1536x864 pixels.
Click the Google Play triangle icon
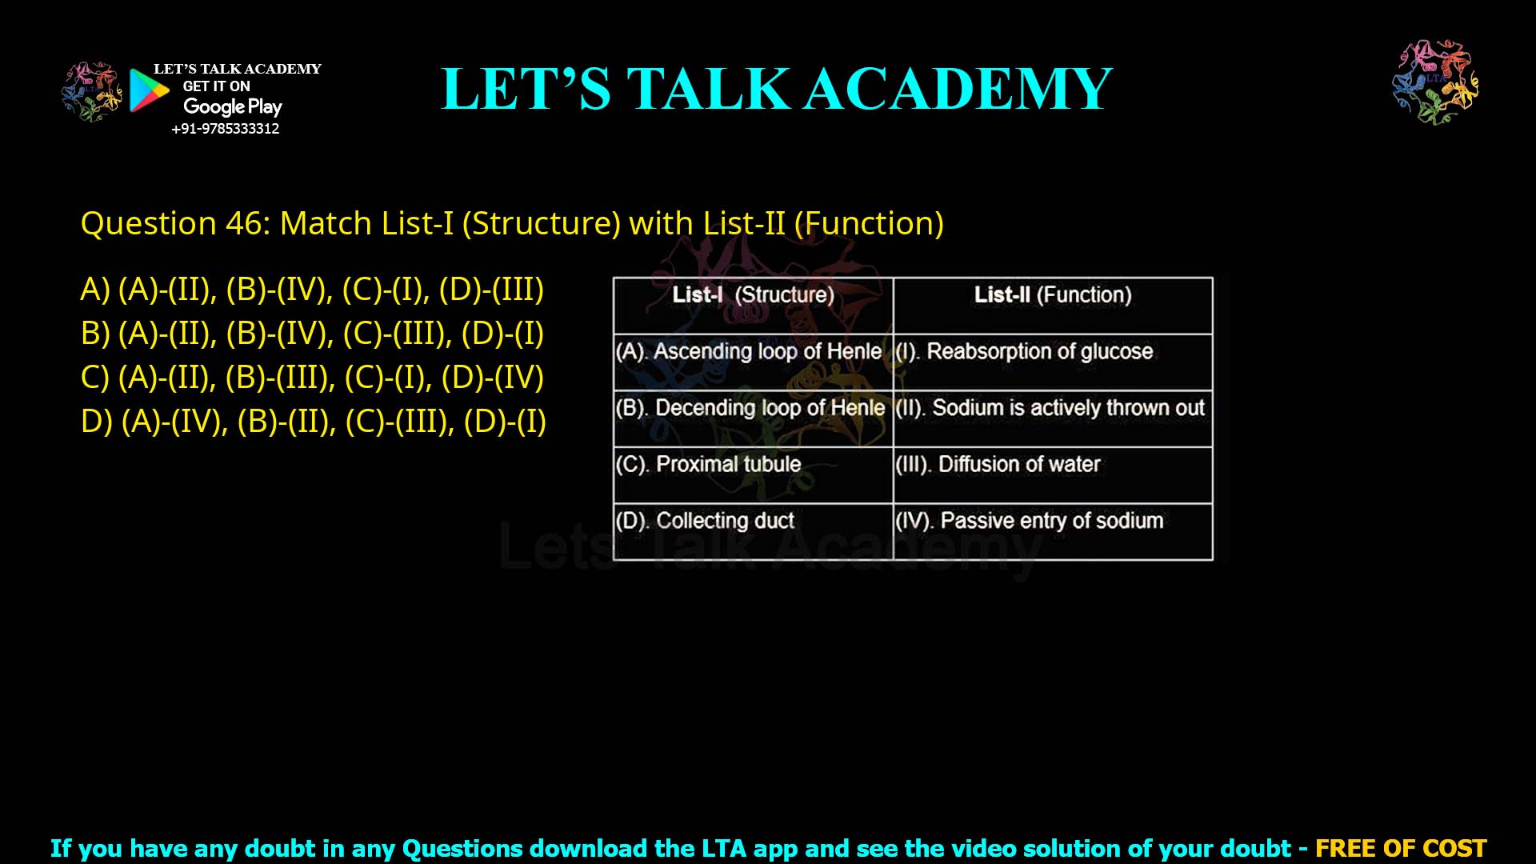(x=148, y=90)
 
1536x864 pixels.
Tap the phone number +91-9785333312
(x=225, y=129)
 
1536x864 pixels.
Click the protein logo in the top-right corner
(x=1435, y=82)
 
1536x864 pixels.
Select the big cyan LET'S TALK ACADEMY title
(x=776, y=89)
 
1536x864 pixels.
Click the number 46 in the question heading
(x=243, y=223)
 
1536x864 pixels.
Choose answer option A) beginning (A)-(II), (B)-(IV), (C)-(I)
(x=312, y=289)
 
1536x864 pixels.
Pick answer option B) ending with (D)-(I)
(x=312, y=333)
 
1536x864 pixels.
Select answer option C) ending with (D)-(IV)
(x=312, y=377)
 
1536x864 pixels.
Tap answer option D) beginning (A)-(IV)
(x=314, y=421)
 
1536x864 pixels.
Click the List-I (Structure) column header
(x=753, y=295)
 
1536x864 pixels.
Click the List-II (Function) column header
(x=1053, y=295)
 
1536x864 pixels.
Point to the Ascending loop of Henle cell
(x=749, y=352)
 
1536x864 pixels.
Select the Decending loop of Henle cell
(x=750, y=408)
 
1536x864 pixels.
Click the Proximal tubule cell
(x=709, y=465)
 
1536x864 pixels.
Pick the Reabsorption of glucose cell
(x=1024, y=352)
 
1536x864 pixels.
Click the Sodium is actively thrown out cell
(x=1050, y=408)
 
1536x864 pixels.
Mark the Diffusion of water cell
(x=998, y=465)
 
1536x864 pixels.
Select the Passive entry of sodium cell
(x=1029, y=521)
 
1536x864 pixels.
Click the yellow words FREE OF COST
(x=1400, y=848)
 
